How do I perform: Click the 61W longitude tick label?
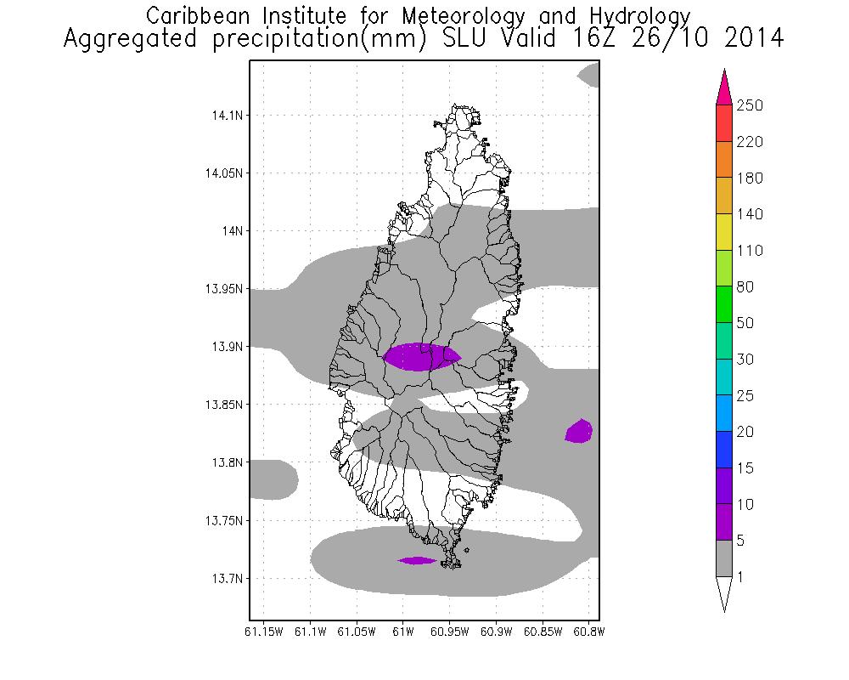(x=403, y=631)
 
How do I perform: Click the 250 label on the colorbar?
(x=751, y=105)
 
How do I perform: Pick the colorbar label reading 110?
(x=751, y=251)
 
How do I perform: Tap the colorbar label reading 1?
(x=743, y=577)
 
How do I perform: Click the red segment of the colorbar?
(x=724, y=123)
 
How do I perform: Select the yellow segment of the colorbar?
(x=724, y=232)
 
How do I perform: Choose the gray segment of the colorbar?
(x=724, y=559)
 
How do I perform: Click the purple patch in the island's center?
(x=422, y=356)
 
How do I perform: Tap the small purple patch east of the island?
(x=580, y=432)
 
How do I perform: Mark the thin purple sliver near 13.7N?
(x=417, y=560)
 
